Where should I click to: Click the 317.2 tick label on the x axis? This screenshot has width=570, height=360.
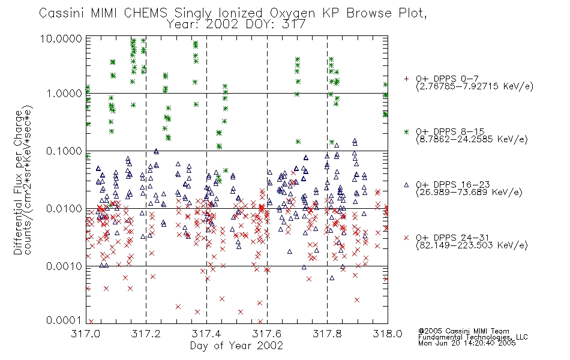coord(146,334)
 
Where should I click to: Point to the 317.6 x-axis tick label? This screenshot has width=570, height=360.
coord(267,334)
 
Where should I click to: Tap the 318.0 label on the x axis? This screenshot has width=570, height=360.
coord(388,334)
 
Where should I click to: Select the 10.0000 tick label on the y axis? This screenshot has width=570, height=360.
coord(61,38)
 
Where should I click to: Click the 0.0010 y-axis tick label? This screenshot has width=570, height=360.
coord(64,266)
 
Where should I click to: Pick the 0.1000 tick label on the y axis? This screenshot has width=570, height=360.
coord(64,151)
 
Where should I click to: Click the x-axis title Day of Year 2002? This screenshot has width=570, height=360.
coord(236,346)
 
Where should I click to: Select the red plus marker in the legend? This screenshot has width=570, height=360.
coord(406,79)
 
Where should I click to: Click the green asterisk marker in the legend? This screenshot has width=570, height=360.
coord(406,131)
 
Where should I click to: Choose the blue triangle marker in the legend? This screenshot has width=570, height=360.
coord(406,185)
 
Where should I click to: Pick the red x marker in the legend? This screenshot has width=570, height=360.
coord(406,238)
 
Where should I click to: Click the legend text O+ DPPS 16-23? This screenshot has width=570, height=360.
coord(453,184)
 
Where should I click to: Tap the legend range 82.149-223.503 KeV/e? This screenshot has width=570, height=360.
coord(472,245)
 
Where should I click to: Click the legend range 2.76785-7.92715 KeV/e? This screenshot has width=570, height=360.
coord(475,86)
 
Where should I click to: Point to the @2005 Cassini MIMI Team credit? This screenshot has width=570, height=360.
coord(463,331)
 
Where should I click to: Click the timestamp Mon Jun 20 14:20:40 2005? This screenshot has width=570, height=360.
coord(467,343)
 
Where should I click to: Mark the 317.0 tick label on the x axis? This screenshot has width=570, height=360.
coord(86,334)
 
